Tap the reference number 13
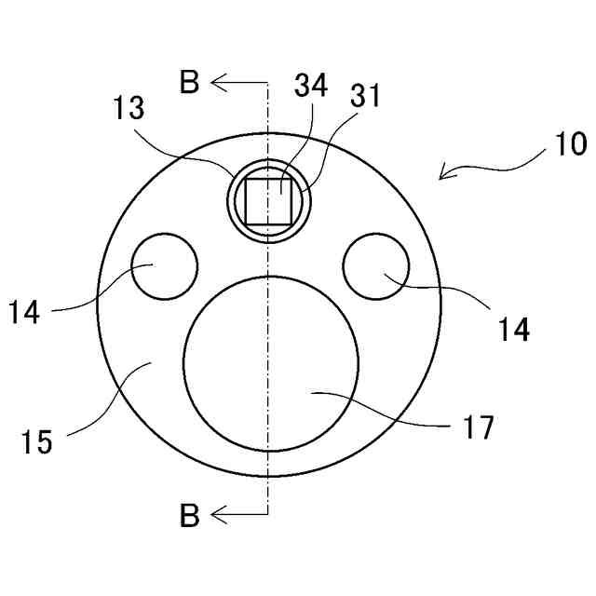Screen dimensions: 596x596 pyautogui.click(x=130, y=109)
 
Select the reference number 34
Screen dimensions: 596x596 pyautogui.click(x=310, y=87)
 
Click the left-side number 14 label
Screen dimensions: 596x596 pyautogui.click(x=25, y=312)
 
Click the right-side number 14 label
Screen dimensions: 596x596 pyautogui.click(x=513, y=328)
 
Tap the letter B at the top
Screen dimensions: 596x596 pyautogui.click(x=190, y=84)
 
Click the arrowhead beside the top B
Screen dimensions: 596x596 pyautogui.click(x=217, y=84)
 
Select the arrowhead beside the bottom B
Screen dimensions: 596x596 pyautogui.click(x=217, y=514)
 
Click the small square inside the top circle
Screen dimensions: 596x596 pyautogui.click(x=268, y=201)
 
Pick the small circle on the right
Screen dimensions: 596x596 pyautogui.click(x=375, y=267)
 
